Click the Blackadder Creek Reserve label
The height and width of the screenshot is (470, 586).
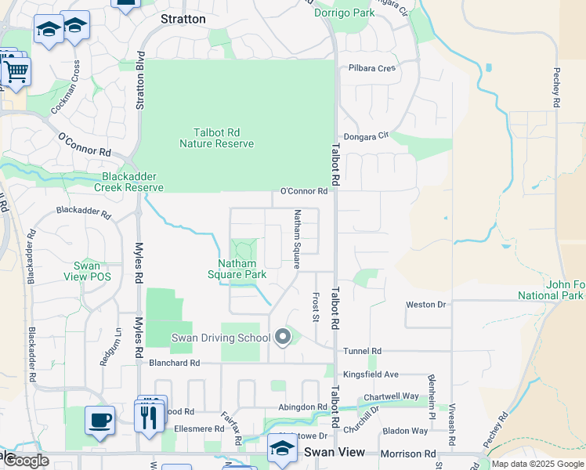(x=129, y=182)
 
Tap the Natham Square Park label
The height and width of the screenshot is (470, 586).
(x=237, y=269)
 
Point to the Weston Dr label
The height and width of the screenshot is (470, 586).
(x=425, y=304)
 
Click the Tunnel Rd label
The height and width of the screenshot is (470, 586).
(x=362, y=351)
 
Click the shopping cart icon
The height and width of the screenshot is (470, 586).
(x=15, y=72)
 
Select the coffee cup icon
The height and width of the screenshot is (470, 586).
(x=99, y=420)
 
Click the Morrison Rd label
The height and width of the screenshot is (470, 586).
(x=407, y=454)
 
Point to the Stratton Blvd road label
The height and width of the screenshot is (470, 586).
(x=141, y=81)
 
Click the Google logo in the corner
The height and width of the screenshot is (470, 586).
(x=26, y=461)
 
